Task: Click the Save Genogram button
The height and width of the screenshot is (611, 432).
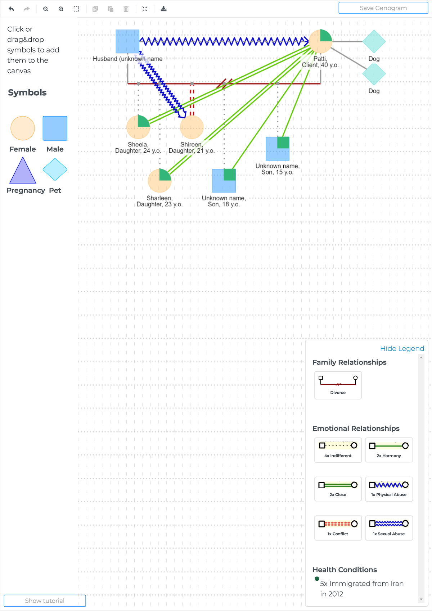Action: (x=383, y=8)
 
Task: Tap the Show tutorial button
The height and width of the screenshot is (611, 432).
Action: (x=45, y=601)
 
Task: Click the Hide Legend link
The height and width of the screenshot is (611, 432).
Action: (x=402, y=348)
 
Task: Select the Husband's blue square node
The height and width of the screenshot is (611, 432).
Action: (x=127, y=41)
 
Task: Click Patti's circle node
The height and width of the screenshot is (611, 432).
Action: (x=320, y=41)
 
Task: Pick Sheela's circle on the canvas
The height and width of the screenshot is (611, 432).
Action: (x=138, y=127)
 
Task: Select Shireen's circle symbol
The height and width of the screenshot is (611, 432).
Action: (x=192, y=127)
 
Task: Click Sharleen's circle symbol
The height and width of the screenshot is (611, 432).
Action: (x=159, y=181)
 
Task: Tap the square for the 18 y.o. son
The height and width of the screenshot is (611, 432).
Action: (x=224, y=181)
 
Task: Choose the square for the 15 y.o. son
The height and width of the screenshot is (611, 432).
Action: (x=278, y=149)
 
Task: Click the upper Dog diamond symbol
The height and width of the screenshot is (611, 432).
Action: (x=374, y=41)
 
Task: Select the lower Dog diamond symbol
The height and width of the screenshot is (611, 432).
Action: (x=374, y=74)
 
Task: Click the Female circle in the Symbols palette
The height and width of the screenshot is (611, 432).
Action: (x=23, y=128)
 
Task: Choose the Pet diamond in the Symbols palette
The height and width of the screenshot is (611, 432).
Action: (x=55, y=169)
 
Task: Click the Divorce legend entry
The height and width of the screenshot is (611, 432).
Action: (x=338, y=385)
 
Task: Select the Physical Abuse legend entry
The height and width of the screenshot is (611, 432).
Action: (x=389, y=489)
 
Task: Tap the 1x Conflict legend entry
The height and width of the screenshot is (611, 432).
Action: (x=338, y=528)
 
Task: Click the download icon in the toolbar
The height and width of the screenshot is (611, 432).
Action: (x=163, y=9)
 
